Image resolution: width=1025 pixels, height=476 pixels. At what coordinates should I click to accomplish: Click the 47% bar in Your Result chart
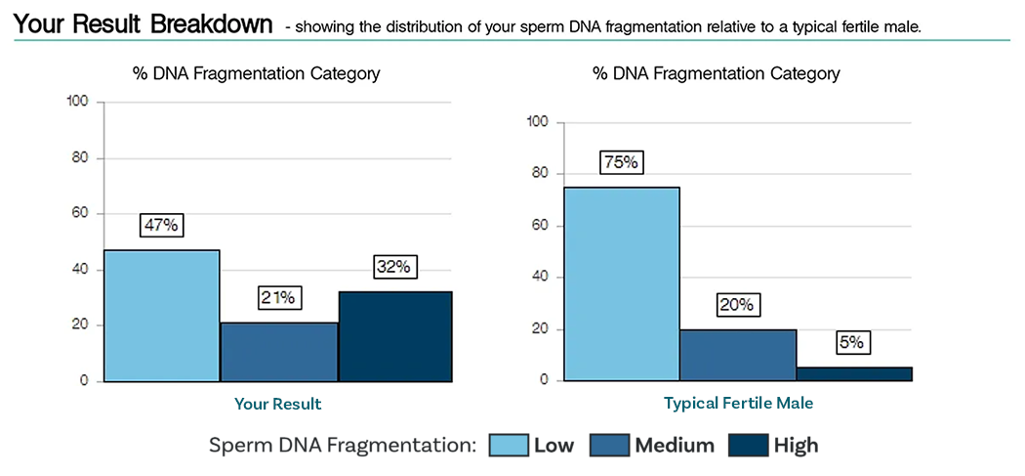[162, 316]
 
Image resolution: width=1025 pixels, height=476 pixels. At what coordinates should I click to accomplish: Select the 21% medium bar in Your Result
[279, 352]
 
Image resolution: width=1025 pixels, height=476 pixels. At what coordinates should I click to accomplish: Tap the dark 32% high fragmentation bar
[395, 336]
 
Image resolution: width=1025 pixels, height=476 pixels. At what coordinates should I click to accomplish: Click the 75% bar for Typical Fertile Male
[622, 283]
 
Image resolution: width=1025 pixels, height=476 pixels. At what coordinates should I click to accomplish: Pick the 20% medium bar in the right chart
[738, 355]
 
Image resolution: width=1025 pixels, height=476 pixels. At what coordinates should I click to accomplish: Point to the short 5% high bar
[854, 373]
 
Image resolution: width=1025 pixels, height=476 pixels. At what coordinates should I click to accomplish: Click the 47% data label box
[161, 225]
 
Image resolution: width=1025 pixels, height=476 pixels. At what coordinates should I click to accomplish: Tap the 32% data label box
[395, 267]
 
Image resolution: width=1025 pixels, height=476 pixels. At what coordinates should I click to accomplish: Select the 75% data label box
[621, 162]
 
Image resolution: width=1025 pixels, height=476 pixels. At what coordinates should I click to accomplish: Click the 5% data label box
[853, 343]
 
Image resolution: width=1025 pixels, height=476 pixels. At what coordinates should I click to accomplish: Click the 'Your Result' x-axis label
[277, 404]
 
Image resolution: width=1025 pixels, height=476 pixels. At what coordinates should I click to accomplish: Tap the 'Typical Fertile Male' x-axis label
[738, 403]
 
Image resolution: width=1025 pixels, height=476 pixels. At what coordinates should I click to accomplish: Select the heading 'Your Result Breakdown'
[143, 24]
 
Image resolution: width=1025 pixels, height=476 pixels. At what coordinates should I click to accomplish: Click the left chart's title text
[257, 73]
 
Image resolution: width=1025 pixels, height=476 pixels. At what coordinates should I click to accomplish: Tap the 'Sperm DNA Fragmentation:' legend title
[342, 446]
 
